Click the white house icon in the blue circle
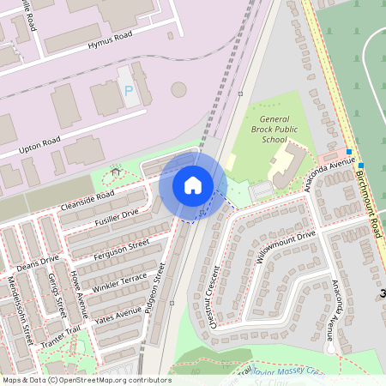[193, 185]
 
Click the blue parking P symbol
[130, 91]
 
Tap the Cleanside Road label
[87, 201]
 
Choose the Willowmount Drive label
[286, 247]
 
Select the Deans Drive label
[38, 262]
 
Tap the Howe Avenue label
[79, 293]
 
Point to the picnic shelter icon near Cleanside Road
[115, 173]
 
